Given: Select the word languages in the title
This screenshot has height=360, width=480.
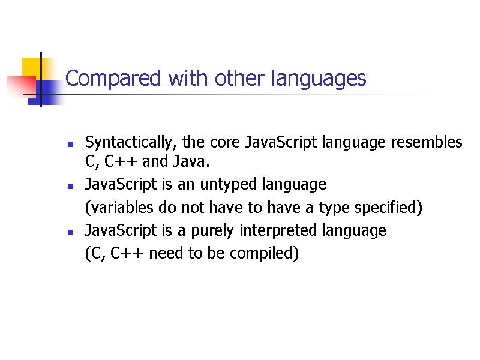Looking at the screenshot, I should click(x=319, y=79).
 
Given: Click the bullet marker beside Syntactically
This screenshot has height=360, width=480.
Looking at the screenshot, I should click(x=70, y=145).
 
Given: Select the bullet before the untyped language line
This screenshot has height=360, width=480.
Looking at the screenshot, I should click(x=70, y=186).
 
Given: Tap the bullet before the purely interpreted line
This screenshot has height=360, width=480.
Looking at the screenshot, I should click(x=70, y=232).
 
